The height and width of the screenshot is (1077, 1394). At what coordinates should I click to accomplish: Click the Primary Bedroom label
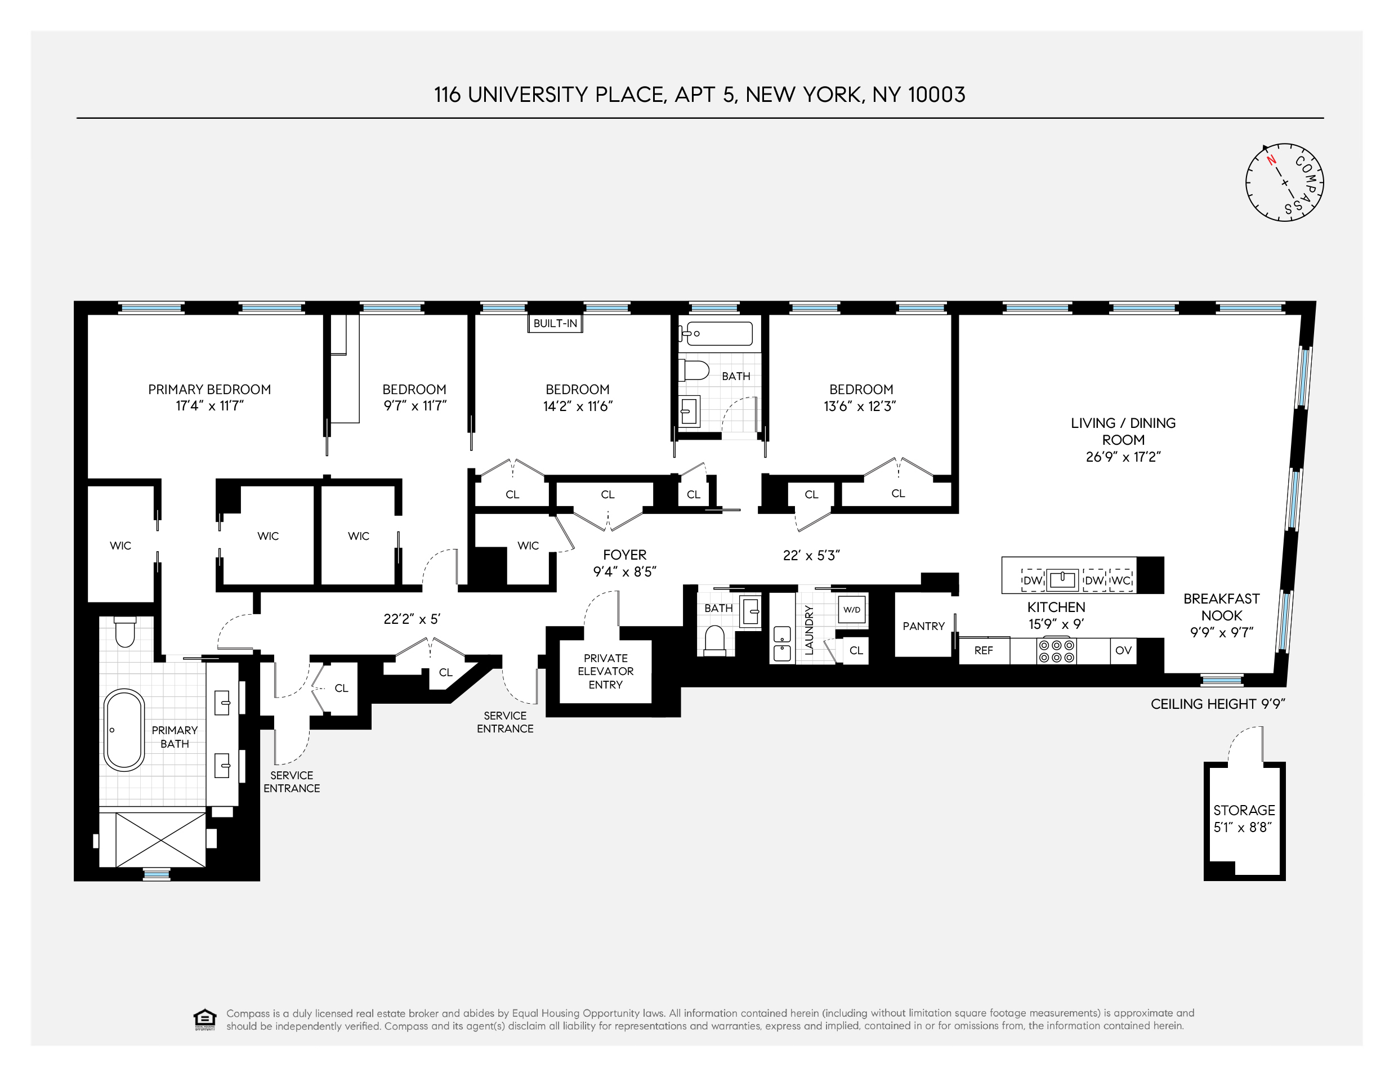pos(209,390)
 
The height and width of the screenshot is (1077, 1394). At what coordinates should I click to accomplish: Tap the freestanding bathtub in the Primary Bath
pos(124,730)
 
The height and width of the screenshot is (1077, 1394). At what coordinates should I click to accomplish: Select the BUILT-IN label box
pos(555,323)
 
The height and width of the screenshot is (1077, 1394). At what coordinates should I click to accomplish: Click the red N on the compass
pos(1271,160)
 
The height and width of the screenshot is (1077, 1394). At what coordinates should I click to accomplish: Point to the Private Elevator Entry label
pos(605,671)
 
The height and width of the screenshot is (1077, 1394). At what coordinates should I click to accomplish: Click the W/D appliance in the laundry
pos(851,610)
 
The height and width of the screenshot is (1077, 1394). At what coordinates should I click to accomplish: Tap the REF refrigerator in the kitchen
pos(984,651)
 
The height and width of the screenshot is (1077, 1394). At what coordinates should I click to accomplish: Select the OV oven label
pos(1123,651)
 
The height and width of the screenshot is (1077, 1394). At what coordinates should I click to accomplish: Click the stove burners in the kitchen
pos(1056,651)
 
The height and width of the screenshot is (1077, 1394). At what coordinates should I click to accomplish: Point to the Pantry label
pos(923,626)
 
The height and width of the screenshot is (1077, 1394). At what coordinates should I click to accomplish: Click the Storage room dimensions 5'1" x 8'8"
pos(1243,828)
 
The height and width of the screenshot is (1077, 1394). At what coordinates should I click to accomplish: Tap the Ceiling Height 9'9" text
pos(1217,704)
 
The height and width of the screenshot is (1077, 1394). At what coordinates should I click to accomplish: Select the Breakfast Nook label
pos(1222,606)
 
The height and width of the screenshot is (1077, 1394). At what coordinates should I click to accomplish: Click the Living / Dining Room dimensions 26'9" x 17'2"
pos(1123,457)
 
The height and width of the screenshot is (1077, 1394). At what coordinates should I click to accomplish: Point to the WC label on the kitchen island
pos(1121,580)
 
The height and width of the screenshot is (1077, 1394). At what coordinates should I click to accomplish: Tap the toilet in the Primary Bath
pos(124,632)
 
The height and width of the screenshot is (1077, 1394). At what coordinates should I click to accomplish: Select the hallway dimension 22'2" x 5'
pos(412,619)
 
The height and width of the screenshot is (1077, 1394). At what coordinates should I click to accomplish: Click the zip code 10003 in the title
pos(936,95)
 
